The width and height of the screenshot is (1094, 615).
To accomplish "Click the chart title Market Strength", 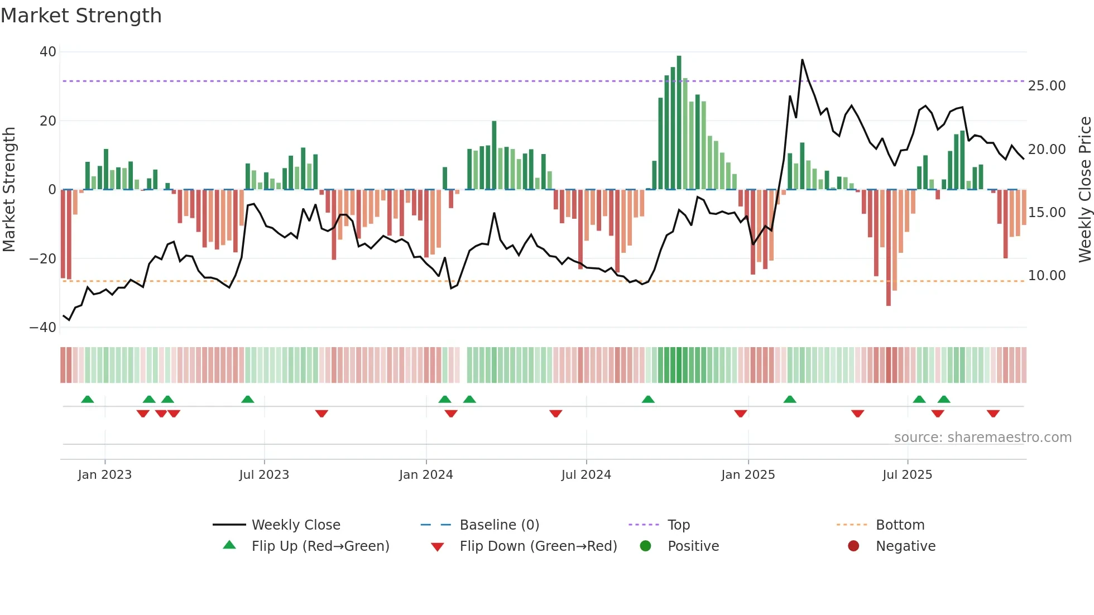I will pos(81,16).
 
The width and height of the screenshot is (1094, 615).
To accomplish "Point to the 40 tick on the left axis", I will pos(48,52).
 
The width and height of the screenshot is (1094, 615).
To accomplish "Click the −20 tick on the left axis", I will pos(43,259).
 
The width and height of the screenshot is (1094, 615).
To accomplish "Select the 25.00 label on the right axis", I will pos(1047,86).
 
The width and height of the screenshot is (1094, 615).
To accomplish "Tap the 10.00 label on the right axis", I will pos(1047,276).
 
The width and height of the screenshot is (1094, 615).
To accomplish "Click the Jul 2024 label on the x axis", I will pos(586,475).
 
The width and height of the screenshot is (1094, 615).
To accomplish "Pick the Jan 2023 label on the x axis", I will pos(105,475).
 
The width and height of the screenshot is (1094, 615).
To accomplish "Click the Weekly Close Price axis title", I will pos(1085,190).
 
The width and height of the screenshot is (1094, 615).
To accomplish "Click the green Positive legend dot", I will pos(646,546).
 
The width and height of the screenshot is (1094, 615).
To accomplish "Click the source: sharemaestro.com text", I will pos(982,438).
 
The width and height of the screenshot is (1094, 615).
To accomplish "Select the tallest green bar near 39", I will pos(679,123).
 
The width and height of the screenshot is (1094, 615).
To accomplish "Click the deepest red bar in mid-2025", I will pos(889,248).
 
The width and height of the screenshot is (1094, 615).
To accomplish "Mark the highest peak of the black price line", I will pos(802,60).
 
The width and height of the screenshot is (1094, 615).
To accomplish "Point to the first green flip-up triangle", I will pos(88,400).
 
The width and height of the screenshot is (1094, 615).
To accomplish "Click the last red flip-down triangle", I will pos(993,414).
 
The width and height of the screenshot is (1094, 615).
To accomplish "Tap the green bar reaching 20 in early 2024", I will pos(494,155).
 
